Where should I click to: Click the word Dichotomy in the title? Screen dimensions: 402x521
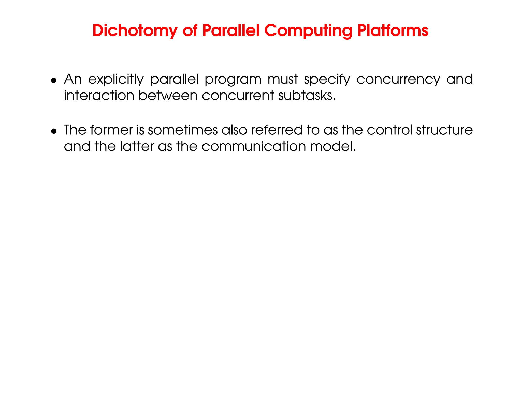(x=135, y=31)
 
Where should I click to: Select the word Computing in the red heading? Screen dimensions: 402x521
(x=308, y=31)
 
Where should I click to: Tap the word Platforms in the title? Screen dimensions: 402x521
(x=393, y=31)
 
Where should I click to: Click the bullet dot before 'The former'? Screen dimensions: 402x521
(x=53, y=131)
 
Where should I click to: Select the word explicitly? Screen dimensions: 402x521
(x=116, y=80)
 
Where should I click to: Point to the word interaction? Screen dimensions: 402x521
(x=99, y=96)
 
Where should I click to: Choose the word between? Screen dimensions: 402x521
(x=168, y=96)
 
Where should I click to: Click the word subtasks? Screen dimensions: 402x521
(x=307, y=96)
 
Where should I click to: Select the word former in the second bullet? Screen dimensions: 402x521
(x=111, y=130)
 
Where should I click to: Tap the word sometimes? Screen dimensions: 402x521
(x=183, y=130)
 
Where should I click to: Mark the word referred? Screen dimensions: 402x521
(x=277, y=130)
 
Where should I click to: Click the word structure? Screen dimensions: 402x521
(x=444, y=130)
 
